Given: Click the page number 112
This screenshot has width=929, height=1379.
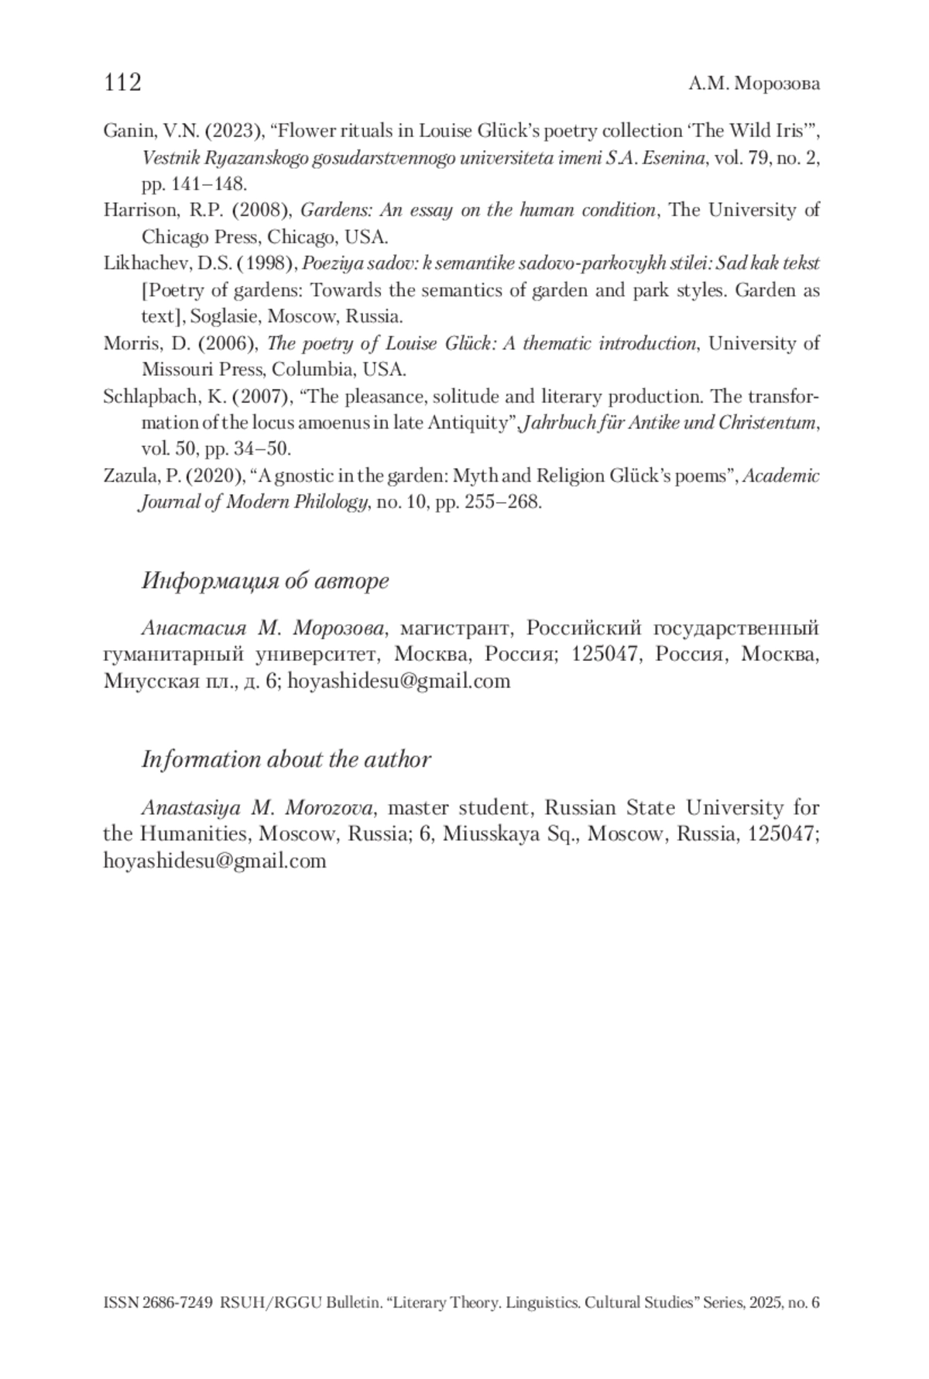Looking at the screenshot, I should (122, 82).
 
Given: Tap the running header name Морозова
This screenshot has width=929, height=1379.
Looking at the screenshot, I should (776, 84).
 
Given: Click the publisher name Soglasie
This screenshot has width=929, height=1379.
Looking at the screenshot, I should (225, 316).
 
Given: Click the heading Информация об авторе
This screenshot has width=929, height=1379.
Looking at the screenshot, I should (265, 580).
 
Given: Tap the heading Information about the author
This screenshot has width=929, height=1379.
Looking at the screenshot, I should (286, 759).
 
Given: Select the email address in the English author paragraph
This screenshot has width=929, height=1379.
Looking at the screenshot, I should (214, 861).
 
